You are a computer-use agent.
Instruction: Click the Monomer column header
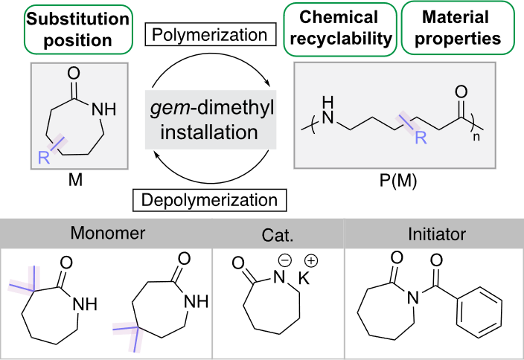pyautogui.click(x=107, y=234)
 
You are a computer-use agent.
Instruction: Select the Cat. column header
pyautogui.click(x=278, y=236)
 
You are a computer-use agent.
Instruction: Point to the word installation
pyautogui.click(x=208, y=133)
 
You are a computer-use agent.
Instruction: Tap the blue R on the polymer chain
pyautogui.click(x=421, y=138)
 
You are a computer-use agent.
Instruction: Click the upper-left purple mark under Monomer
pyautogui.click(x=24, y=282)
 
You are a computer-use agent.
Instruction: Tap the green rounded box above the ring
pyautogui.click(x=79, y=28)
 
